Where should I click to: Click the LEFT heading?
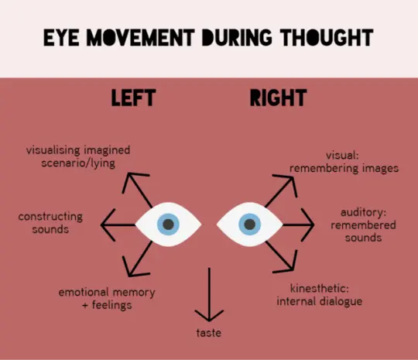pyautogui.click(x=133, y=98)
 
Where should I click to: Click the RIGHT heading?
pyautogui.click(x=279, y=98)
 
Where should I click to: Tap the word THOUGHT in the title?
pyautogui.click(x=327, y=38)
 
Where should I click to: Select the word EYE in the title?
pyautogui.click(x=61, y=38)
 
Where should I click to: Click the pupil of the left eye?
pyautogui.click(x=168, y=225)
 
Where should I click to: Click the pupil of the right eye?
pyautogui.click(x=250, y=225)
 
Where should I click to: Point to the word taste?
pyautogui.click(x=209, y=333)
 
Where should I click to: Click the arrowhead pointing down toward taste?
pyautogui.click(x=209, y=316)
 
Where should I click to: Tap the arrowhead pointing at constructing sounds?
pyautogui.click(x=107, y=225)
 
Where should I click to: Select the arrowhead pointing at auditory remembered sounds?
pyautogui.click(x=309, y=225)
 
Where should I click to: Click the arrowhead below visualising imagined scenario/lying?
pyautogui.click(x=133, y=180)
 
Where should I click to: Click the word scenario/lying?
pyautogui.click(x=78, y=163)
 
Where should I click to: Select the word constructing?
pyautogui.click(x=50, y=217)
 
